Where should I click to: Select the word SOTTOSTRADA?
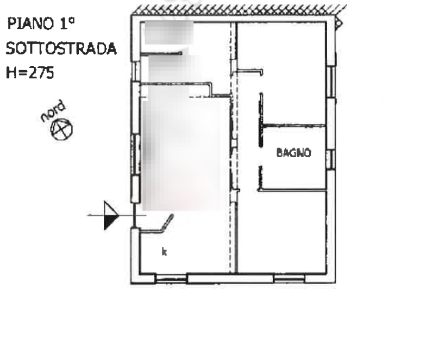(x=61, y=48)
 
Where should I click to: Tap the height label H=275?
(x=30, y=72)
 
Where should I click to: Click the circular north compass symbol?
(x=62, y=130)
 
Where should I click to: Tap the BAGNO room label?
(x=293, y=153)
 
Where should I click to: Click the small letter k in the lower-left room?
(x=164, y=252)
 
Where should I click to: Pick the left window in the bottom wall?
(x=171, y=279)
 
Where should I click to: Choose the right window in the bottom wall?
(x=289, y=278)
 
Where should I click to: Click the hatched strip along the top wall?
(x=239, y=9)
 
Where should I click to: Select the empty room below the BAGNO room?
(x=284, y=231)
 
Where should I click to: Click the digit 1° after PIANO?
(x=67, y=23)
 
